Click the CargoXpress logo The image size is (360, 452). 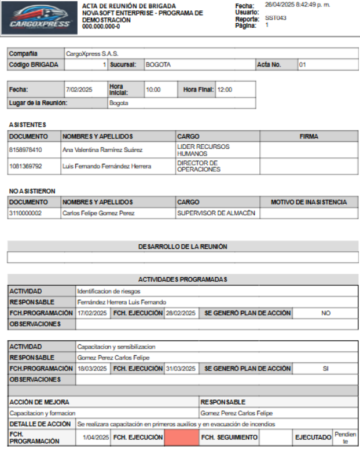pyautogui.click(x=41, y=18)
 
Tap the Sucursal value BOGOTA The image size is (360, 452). pyautogui.click(x=158, y=65)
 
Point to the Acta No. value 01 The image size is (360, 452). pyautogui.click(x=302, y=65)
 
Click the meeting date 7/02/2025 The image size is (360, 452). pyautogui.click(x=79, y=90)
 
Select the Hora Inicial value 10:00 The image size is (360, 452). pyautogui.click(x=153, y=90)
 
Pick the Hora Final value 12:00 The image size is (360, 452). pyautogui.click(x=225, y=90)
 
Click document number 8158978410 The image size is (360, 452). pyautogui.click(x=25, y=150)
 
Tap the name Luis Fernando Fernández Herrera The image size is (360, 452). pyautogui.click(x=106, y=166)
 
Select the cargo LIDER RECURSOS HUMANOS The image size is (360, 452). pyautogui.click(x=203, y=150)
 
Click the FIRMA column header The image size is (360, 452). pyautogui.click(x=308, y=137)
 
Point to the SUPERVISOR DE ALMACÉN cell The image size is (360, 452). pyautogui.click(x=216, y=214)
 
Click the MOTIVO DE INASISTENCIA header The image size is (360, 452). pyautogui.click(x=308, y=202)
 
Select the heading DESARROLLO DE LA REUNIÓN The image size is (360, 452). pyautogui.click(x=182, y=247)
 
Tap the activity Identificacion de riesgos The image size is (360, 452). pyautogui.click(x=109, y=291)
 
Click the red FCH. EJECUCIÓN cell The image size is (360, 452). pyautogui.click(x=181, y=438)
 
